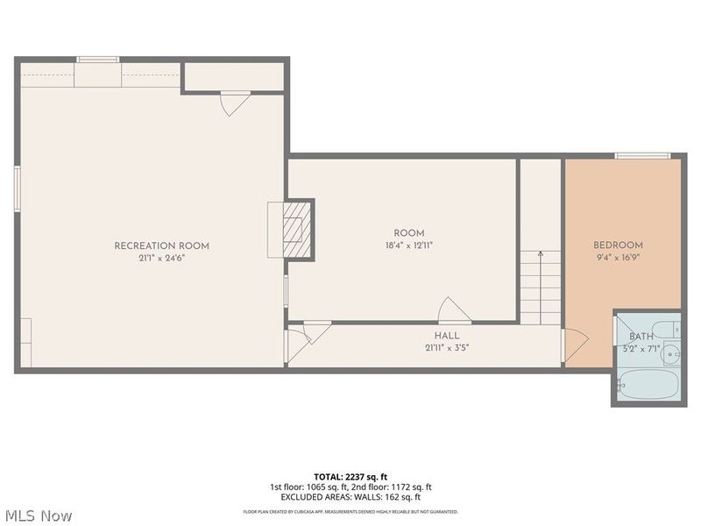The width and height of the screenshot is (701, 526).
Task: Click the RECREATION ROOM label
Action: [x=161, y=245]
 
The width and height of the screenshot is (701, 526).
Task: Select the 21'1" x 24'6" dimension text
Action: [x=161, y=258]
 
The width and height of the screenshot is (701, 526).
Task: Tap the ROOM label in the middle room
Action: [x=408, y=233]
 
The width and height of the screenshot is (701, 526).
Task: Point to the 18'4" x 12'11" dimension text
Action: [x=408, y=245]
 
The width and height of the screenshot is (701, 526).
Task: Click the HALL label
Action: [x=446, y=336]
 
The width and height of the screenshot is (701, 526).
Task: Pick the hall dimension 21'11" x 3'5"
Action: [x=446, y=348]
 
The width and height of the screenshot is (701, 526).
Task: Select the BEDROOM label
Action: [x=618, y=245]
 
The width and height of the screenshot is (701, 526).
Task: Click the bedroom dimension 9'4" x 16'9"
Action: [x=618, y=258]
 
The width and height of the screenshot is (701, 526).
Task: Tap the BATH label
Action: [x=641, y=337]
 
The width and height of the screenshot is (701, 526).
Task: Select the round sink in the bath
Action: [x=671, y=354]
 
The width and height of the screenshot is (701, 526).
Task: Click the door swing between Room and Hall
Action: [x=453, y=310]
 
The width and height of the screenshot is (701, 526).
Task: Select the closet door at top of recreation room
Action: [x=235, y=103]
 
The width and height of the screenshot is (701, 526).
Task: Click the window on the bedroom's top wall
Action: [x=641, y=156]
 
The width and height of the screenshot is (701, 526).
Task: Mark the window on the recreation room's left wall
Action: [x=17, y=188]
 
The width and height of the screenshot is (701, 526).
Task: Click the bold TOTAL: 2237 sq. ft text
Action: [x=350, y=476]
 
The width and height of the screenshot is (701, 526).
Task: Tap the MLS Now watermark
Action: [x=38, y=515]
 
